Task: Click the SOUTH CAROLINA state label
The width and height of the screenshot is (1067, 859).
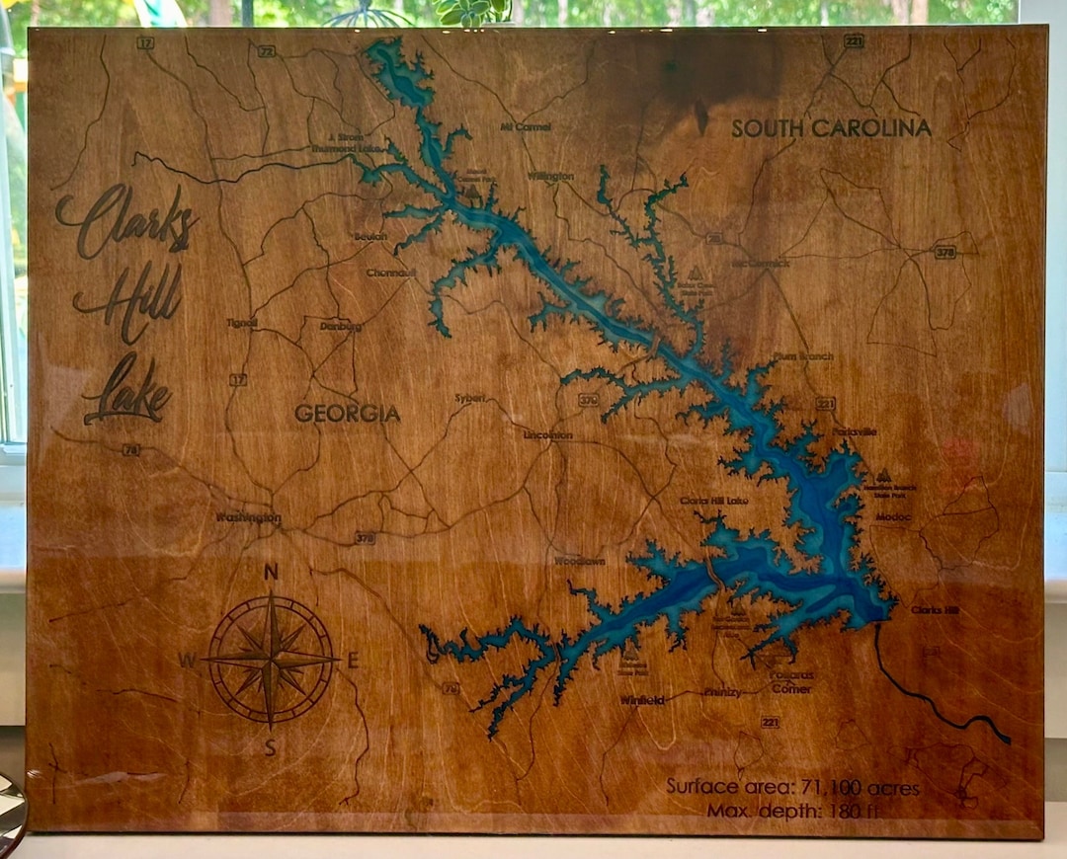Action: click(x=831, y=128)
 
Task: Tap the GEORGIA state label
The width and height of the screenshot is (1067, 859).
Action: click(x=347, y=414)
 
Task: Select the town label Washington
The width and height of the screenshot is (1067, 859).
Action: click(x=248, y=517)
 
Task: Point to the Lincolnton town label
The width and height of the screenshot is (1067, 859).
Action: click(x=548, y=434)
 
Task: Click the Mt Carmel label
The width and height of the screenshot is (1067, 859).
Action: click(x=526, y=127)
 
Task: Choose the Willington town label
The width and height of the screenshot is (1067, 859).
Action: click(x=550, y=176)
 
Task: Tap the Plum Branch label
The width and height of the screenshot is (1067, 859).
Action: click(x=804, y=356)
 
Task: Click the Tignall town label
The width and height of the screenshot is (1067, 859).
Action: click(x=241, y=322)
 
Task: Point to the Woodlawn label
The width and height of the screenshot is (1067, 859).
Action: click(x=579, y=560)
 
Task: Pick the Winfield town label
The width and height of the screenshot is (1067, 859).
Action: click(x=642, y=700)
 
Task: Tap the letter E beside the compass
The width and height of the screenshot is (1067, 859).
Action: click(x=353, y=662)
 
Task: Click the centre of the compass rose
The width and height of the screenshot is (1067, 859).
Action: click(x=271, y=658)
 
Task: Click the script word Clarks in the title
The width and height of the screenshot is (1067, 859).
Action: click(x=125, y=221)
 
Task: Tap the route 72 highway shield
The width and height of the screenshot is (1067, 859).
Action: click(x=266, y=50)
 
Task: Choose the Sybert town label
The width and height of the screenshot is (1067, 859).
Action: click(x=469, y=398)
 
